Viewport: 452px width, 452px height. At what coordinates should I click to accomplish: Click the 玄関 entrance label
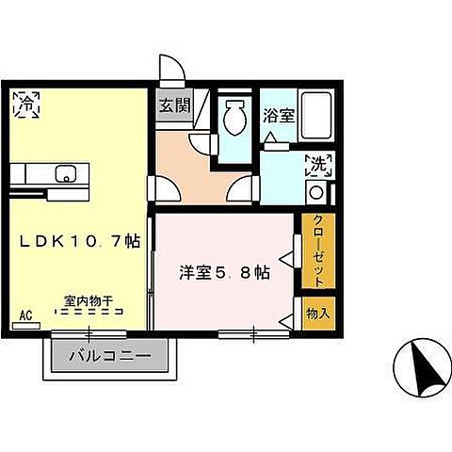tap(172, 105)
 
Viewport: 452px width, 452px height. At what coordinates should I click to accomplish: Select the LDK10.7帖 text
tap(80, 241)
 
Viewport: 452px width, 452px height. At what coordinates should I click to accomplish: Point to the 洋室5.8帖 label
tap(225, 273)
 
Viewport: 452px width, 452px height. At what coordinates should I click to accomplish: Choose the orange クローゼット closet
tap(317, 250)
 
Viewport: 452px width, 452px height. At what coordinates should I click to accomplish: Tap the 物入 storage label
tap(317, 312)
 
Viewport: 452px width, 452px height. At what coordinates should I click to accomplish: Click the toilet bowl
tap(235, 118)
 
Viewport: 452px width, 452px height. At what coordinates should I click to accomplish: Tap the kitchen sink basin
tap(66, 172)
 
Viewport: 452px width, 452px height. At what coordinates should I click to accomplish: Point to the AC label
tap(25, 315)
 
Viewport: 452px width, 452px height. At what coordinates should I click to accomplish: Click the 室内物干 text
tap(89, 301)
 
